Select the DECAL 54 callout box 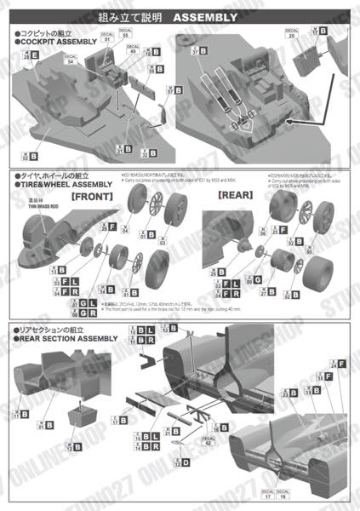coord(70,57)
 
